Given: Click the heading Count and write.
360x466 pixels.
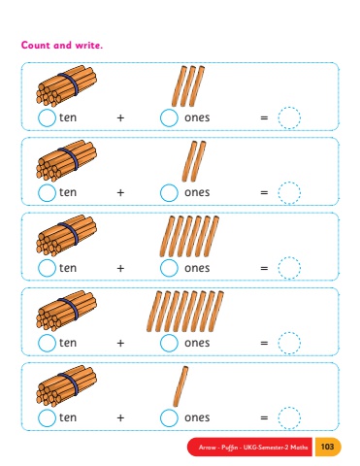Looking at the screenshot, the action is pos(62,45).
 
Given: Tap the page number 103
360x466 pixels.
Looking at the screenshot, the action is pos(327,447).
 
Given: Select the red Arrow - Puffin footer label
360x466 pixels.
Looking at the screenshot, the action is pos(249,448).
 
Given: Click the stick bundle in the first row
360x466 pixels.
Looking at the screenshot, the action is pos(66,86).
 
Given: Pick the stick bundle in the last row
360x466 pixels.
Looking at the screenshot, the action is pos(66,385).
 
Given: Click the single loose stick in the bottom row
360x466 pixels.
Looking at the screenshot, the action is pos(180,386).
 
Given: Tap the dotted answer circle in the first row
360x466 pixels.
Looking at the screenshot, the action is pos(289,117).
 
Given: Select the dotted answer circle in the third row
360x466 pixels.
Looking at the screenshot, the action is pos(289,268).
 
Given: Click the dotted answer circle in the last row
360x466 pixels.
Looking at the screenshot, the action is pos(289,417).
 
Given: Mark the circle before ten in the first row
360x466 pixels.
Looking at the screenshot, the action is pos(47,117).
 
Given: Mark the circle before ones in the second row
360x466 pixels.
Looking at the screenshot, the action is pos(169,193).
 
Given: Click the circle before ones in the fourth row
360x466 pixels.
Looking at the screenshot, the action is pos(169,343).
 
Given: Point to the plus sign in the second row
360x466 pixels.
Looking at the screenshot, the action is pos(120,193).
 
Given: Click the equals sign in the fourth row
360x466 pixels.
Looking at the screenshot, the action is pos(264,343).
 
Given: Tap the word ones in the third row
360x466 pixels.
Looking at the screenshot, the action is pos(197,268).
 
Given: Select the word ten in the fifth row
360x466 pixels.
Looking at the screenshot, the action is pos(68,417).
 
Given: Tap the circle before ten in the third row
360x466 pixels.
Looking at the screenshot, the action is pos(47,268).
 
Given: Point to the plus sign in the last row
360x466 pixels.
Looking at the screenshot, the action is pos(120,417).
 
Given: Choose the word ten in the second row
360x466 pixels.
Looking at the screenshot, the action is pos(68,192).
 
